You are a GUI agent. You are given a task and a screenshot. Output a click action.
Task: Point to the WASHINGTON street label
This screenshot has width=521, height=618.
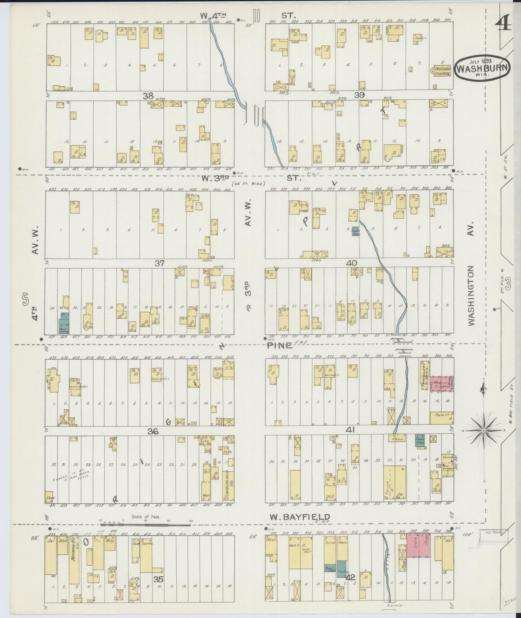(472, 295)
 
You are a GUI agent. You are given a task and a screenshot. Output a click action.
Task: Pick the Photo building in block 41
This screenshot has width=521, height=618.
(441, 418)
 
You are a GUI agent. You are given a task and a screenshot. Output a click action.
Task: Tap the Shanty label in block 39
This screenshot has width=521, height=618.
(420, 38)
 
